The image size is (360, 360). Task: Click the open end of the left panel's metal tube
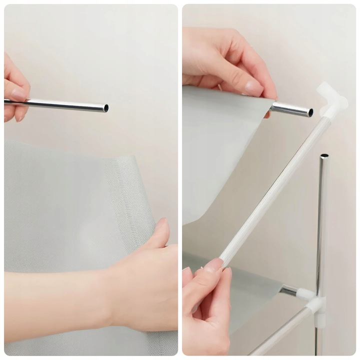point(105,107)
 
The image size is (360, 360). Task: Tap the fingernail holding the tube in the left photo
point(19,94)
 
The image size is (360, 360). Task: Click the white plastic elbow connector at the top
point(332,100)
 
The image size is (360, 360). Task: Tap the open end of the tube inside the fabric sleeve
point(310,112)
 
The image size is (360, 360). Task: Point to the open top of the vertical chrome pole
point(324,156)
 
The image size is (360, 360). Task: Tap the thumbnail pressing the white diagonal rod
point(214,265)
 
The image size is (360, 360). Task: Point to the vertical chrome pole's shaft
point(322,225)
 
